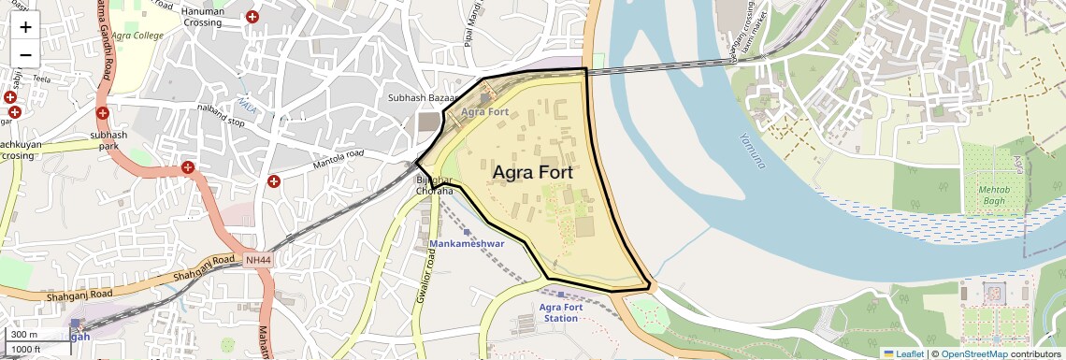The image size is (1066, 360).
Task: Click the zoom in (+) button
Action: click(x=25, y=28)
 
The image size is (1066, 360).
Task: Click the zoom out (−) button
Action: click(x=25, y=54)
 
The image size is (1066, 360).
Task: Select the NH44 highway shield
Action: click(x=257, y=259)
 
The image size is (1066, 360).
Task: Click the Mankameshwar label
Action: click(x=467, y=243)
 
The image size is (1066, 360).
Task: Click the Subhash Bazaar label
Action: click(x=422, y=98)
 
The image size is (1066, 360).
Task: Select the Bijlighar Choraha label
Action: click(x=434, y=184)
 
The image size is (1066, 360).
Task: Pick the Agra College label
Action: click(x=137, y=36)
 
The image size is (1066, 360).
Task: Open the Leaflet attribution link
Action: click(x=903, y=353)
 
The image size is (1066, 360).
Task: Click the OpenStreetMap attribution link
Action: click(x=973, y=353)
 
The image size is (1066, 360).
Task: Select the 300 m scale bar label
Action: click(x=24, y=335)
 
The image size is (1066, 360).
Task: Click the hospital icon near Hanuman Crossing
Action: click(x=252, y=17)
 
